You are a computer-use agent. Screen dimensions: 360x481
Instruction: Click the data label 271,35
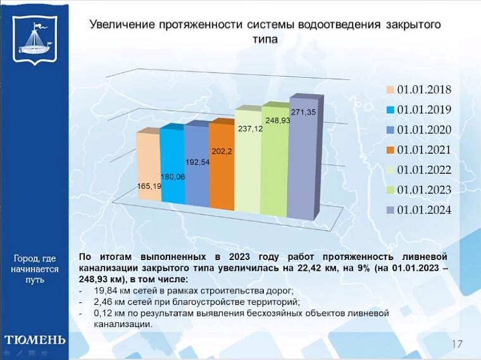[x=303, y=112]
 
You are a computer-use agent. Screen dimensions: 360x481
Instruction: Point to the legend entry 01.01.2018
[x=423, y=89]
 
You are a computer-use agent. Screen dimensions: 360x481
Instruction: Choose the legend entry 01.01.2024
[x=423, y=210]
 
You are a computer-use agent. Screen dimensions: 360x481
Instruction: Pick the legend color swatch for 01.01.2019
[x=390, y=110]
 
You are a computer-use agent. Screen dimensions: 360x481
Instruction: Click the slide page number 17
[x=457, y=344]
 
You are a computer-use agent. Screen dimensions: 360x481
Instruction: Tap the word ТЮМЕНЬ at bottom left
[x=34, y=339]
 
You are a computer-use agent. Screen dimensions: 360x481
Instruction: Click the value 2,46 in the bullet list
[x=103, y=302]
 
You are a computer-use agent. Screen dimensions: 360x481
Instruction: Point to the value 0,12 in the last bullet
[x=103, y=313]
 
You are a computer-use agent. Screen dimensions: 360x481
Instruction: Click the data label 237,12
[x=250, y=129]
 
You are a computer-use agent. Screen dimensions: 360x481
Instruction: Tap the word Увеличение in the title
[x=121, y=25]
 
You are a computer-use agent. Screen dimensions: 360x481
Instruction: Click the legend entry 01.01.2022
[x=423, y=170]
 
